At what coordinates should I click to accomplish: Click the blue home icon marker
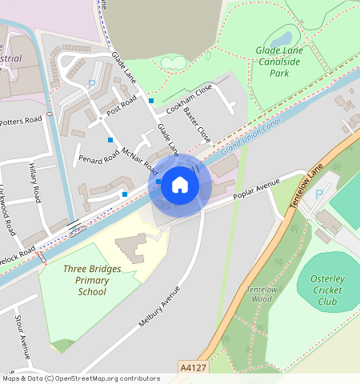[x=180, y=185]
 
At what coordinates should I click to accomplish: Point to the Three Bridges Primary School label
[x=92, y=280]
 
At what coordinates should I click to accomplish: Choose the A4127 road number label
[x=189, y=369]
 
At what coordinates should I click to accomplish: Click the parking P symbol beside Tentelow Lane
[x=320, y=194]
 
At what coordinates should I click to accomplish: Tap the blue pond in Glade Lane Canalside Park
[x=281, y=37]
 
